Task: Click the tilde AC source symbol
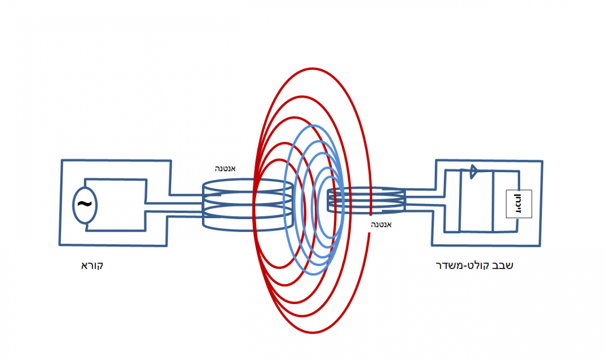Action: (x=85, y=204)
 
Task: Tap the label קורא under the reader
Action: (x=92, y=266)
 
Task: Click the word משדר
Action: (x=448, y=266)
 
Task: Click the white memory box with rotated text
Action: (x=519, y=204)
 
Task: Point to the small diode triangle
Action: (x=474, y=172)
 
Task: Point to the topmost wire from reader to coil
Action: (x=187, y=195)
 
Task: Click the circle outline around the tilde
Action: (x=74, y=204)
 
